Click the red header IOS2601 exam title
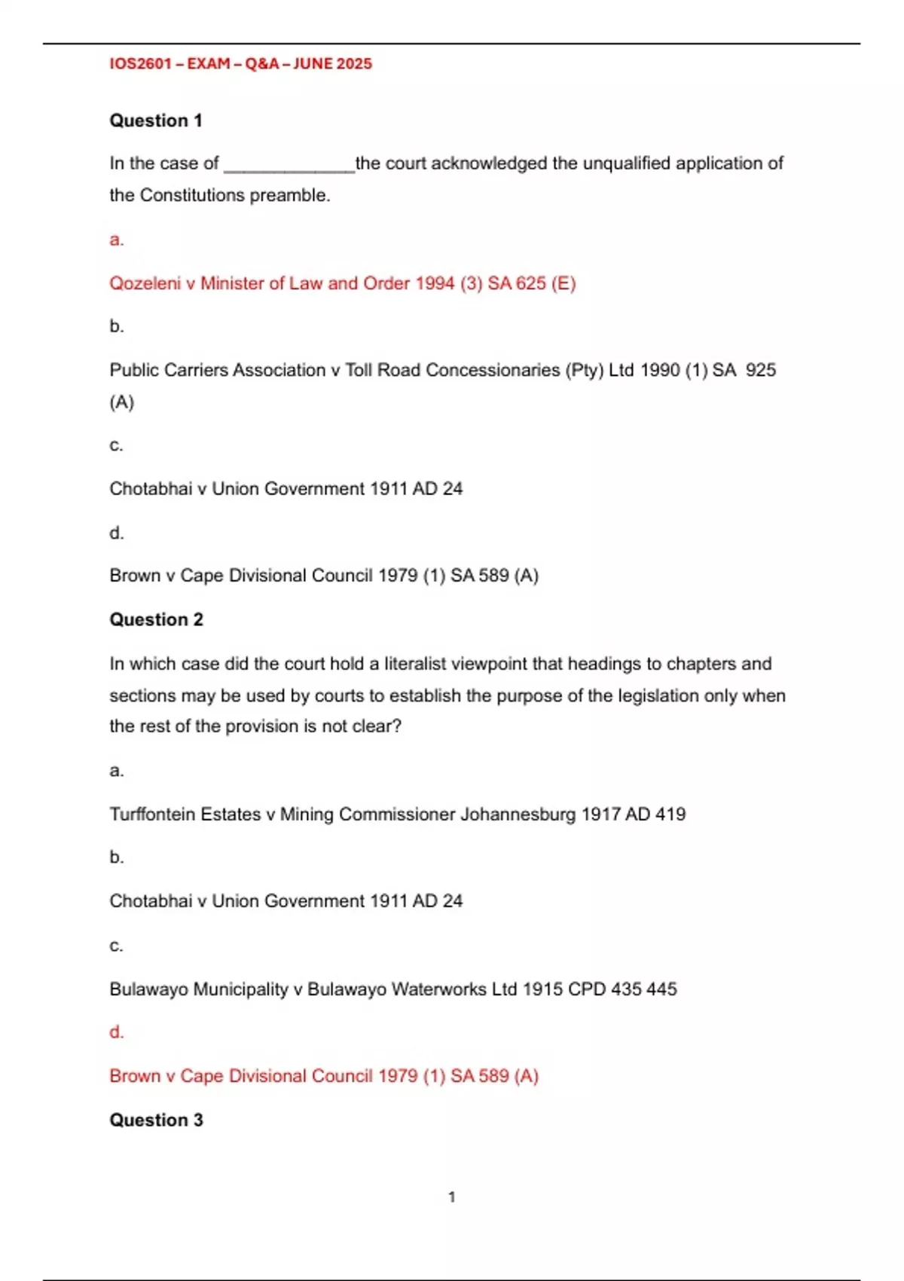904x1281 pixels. coord(240,64)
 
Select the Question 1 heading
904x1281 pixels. coord(156,121)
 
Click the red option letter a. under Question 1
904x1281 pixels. coord(116,240)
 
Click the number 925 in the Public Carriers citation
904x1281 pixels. coord(760,370)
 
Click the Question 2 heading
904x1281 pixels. coord(156,619)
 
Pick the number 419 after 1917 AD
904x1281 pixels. coord(670,815)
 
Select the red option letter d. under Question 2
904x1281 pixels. coord(116,1032)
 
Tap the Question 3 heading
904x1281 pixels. coord(156,1120)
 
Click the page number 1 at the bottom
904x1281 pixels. coord(452,1197)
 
